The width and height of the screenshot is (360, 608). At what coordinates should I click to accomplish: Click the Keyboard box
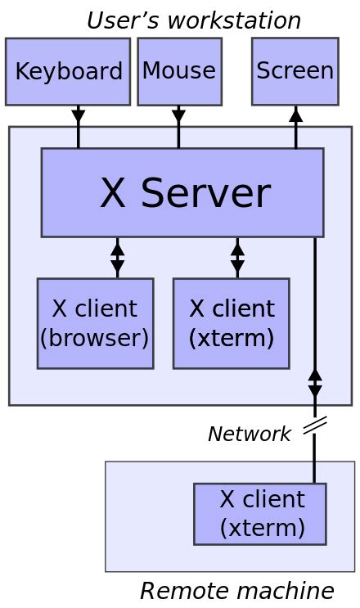[x=68, y=72]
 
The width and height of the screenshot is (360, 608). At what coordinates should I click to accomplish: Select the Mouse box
[x=179, y=72]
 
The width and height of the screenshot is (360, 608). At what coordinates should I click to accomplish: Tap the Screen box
[x=295, y=71]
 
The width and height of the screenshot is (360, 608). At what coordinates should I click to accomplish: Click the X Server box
[x=182, y=193]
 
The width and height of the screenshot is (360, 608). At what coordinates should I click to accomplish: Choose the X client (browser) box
[x=95, y=323]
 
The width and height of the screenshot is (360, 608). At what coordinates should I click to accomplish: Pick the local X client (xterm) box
[x=231, y=323]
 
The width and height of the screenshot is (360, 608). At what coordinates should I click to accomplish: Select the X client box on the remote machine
[x=260, y=514]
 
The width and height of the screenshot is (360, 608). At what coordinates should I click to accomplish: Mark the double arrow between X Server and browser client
[x=118, y=258]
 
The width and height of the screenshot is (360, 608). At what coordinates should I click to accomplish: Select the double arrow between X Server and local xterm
[x=237, y=258]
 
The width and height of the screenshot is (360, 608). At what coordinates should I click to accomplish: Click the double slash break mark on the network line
[x=315, y=426]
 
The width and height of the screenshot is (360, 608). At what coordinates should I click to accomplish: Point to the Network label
[x=249, y=434]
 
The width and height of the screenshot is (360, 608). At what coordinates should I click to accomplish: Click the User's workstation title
[x=193, y=20]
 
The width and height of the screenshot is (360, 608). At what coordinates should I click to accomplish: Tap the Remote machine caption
[x=236, y=590]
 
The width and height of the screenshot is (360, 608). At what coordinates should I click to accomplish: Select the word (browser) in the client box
[x=95, y=337]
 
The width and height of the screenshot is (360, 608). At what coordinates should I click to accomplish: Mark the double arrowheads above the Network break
[x=315, y=382]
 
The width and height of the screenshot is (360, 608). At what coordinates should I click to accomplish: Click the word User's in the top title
[x=121, y=20]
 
